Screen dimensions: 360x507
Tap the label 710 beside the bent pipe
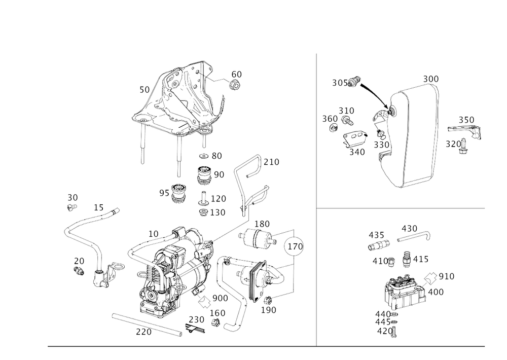click(273, 162)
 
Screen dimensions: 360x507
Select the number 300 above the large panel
click(431, 79)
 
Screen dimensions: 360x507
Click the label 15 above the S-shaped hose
click(98, 207)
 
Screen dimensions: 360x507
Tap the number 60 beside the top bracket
click(236, 75)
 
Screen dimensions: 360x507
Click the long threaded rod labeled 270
click(147, 325)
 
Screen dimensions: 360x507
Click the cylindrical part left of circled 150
click(259, 237)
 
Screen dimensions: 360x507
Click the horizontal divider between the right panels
click(401, 208)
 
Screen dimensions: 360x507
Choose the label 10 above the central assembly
click(153, 233)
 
